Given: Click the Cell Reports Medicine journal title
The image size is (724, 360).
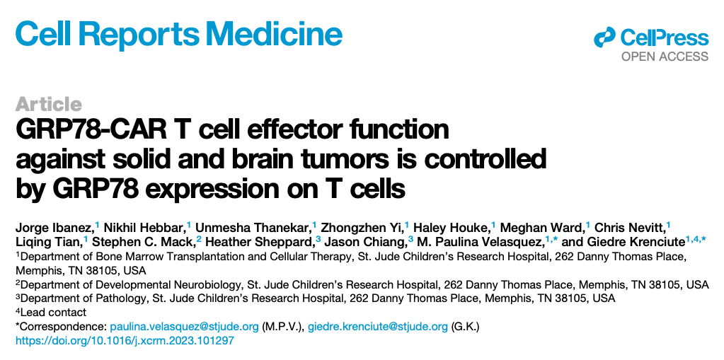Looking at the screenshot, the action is point(178,35).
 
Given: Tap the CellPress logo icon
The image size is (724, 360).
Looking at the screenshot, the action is point(605,37).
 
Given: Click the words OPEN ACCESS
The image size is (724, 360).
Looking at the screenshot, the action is point(665,57).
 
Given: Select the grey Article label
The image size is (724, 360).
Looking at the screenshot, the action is point(49,104).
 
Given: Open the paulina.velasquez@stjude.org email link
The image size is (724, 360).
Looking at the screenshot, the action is point(184,327).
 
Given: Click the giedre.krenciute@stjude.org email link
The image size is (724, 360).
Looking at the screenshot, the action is point(378,327).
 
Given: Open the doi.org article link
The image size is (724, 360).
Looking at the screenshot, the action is point(125,342).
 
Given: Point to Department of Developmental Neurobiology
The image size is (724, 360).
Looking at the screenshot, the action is point(132,284).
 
